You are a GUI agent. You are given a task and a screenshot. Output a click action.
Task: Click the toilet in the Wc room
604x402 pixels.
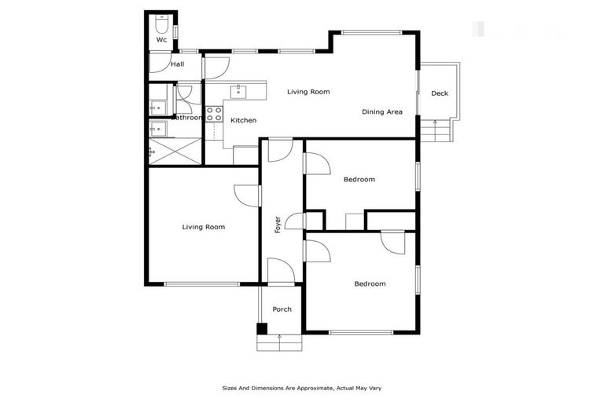pyautogui.click(x=162, y=21)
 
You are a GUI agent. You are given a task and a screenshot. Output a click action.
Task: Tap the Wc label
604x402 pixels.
pyautogui.click(x=161, y=39)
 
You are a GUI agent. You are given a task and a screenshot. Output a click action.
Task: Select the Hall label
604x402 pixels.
pyautogui.click(x=178, y=64)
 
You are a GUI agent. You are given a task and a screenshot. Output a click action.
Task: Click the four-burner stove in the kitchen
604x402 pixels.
pyautogui.click(x=214, y=112)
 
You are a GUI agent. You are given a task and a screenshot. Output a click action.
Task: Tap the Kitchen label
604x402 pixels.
pyautogui.click(x=243, y=120)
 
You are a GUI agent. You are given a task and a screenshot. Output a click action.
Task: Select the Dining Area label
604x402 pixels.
pyautogui.click(x=382, y=112)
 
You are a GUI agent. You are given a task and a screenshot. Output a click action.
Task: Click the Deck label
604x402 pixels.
pyautogui.click(x=440, y=93)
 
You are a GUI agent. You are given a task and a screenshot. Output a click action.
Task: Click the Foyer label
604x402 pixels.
pyautogui.click(x=278, y=225)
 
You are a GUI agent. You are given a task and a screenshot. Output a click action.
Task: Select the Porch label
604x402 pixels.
pyautogui.click(x=282, y=309)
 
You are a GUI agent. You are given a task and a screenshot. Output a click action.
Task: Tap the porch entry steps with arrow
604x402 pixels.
pyautogui.click(x=278, y=342)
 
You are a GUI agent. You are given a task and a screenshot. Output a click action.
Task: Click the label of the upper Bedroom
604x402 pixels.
pyautogui.click(x=359, y=179)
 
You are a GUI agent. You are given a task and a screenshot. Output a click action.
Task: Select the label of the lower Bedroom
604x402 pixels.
pyautogui.click(x=370, y=283)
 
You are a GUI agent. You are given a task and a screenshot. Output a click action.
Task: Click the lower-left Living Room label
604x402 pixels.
pyautogui.click(x=204, y=227)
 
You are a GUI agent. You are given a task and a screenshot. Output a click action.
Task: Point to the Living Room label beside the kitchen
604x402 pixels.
pyautogui.click(x=308, y=92)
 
